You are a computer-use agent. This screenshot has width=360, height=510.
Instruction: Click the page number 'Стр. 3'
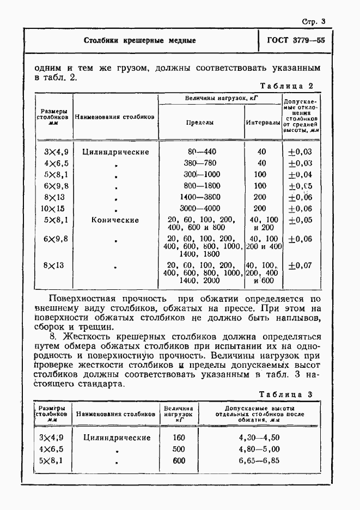tap(313, 22)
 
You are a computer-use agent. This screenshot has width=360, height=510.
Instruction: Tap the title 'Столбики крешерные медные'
tap(140, 41)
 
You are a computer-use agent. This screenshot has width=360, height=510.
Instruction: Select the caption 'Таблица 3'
tap(286, 394)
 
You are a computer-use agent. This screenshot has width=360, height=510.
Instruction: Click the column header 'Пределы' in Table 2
tap(200, 123)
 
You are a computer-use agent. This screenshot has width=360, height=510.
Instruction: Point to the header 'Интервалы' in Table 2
tap(263, 123)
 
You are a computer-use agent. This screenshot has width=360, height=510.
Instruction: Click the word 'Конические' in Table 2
tap(115, 220)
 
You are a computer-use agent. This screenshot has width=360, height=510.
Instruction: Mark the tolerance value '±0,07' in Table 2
tap(300, 266)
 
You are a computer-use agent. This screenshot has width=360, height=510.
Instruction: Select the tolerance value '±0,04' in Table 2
tap(300, 174)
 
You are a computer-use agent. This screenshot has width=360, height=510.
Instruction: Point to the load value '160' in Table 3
tap(179, 438)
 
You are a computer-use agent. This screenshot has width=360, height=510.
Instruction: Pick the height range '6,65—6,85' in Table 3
tap(259, 461)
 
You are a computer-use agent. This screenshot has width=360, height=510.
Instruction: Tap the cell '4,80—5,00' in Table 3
tap(259, 450)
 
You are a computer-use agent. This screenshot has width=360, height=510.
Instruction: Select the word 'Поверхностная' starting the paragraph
tap(82, 299)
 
